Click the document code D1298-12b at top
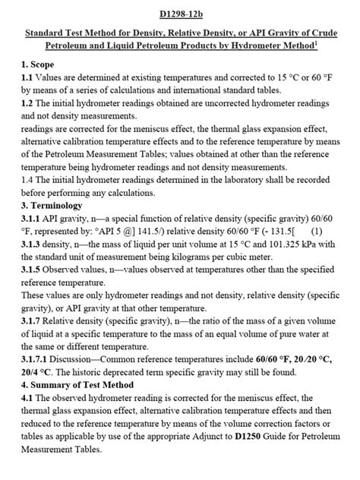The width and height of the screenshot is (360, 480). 179,14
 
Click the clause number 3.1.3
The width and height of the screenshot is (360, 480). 32,248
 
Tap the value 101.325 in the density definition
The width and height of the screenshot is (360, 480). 283,248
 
